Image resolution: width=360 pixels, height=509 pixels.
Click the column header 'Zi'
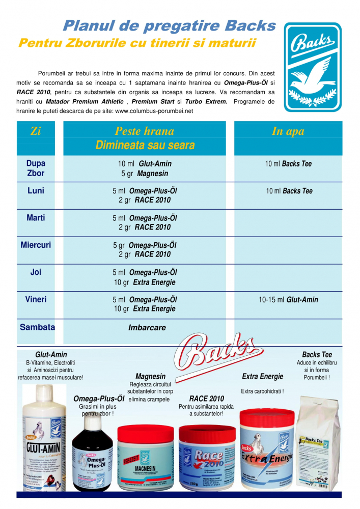tap(36, 131)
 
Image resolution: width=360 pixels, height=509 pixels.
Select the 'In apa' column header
tap(288, 131)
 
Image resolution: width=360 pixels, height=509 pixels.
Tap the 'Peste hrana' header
tap(145, 131)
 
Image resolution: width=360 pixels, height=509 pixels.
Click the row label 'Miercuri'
tap(36, 245)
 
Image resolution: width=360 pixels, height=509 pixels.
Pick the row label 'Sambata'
tap(37, 327)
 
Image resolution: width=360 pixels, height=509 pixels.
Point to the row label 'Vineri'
tap(36, 300)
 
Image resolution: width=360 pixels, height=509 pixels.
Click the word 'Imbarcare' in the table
tap(147, 328)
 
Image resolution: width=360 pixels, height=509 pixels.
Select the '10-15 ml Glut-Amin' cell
tap(288, 300)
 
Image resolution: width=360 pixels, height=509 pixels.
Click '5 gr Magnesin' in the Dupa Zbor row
tap(145, 173)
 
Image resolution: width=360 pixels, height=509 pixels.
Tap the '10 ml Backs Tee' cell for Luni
tap(288, 191)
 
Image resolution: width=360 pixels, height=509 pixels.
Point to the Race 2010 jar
tap(208, 458)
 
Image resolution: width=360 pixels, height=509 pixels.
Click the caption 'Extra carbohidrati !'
tap(262, 391)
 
